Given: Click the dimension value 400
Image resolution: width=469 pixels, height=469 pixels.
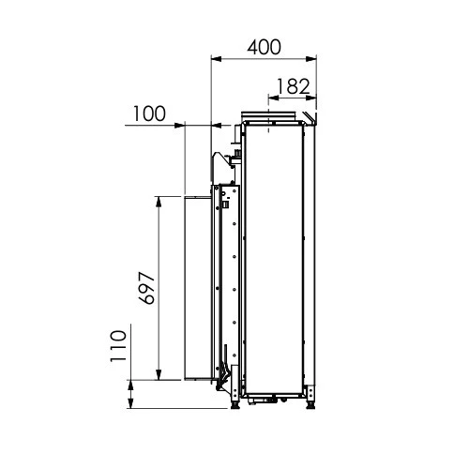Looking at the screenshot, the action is click(265, 47).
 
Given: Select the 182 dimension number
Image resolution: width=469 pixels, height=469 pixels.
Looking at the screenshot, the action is click(294, 86).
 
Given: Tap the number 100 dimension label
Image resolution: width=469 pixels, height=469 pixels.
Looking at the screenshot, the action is click(149, 113).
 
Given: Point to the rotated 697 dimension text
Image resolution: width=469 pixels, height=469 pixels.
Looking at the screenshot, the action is click(146, 288).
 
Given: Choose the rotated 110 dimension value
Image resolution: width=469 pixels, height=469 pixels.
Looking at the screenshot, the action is click(118, 346).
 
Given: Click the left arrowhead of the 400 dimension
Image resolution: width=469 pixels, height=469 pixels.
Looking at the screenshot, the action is click(217, 59).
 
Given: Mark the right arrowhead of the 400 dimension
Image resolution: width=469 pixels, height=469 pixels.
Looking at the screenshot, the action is click(311, 59).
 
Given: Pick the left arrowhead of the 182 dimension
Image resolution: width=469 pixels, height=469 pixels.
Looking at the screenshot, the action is click(274, 98).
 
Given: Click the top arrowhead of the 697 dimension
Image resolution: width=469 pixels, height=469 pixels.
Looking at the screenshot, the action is click(159, 202).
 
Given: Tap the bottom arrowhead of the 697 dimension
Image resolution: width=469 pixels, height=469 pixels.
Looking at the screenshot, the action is click(159, 375).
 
